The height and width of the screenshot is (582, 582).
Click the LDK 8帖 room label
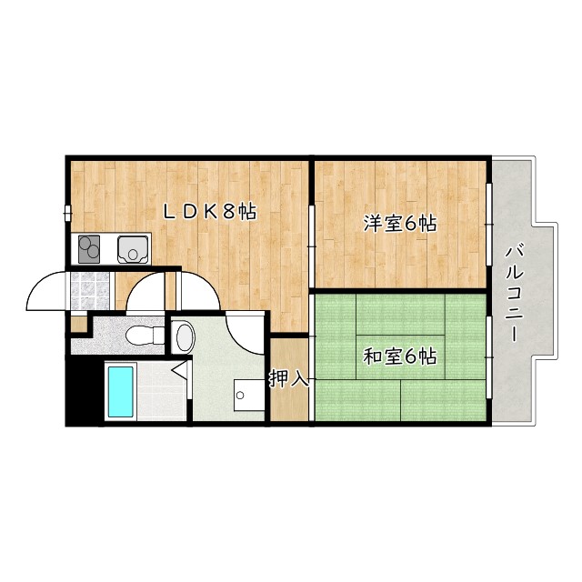pyautogui.click(x=209, y=212)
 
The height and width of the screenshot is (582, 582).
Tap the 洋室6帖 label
pyautogui.click(x=400, y=223)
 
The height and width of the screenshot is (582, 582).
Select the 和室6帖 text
pyautogui.click(x=400, y=356)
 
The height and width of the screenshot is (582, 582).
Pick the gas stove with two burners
pyautogui.click(x=89, y=246)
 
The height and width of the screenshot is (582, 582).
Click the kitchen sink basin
pyautogui.click(x=133, y=246)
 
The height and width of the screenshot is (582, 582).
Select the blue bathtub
pyautogui.click(x=120, y=391)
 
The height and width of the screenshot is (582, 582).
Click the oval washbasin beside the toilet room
pyautogui.click(x=183, y=337)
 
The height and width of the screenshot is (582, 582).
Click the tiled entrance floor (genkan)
pyautogui.click(x=89, y=290)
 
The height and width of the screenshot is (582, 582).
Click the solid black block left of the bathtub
pyautogui.click(x=84, y=391)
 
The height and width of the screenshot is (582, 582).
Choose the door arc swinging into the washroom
pyautogui.click(x=244, y=332)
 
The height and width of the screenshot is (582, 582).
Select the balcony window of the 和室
pyautogui.click(x=489, y=356)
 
